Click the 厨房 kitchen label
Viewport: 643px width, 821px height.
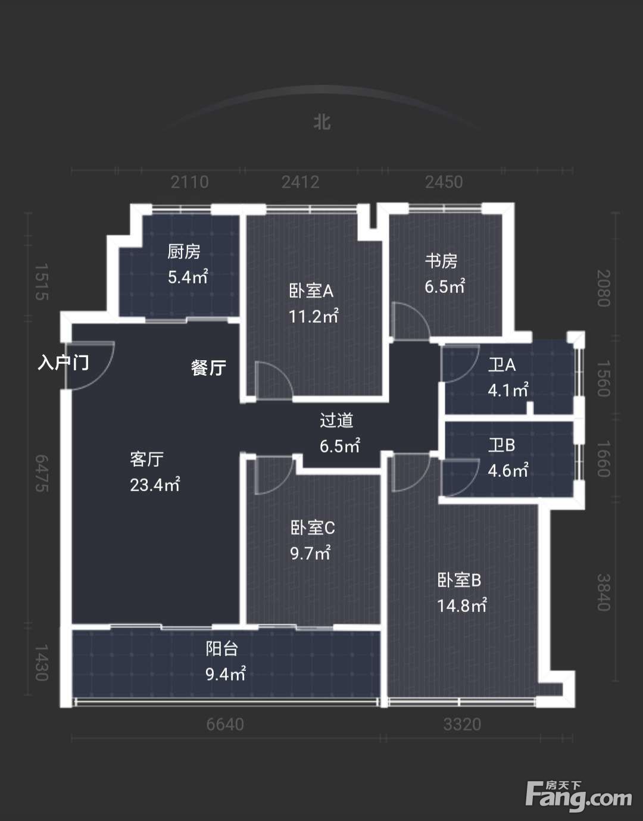pyautogui.click(x=183, y=252)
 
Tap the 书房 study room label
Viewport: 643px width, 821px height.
pyautogui.click(x=441, y=261)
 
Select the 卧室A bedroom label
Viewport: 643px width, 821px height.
pyautogui.click(x=311, y=291)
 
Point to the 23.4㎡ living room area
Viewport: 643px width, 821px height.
pyautogui.click(x=155, y=485)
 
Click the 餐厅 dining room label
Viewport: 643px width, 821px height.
pyautogui.click(x=208, y=367)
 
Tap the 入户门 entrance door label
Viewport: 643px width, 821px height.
pyautogui.click(x=64, y=363)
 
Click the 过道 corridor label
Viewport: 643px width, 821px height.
pyautogui.click(x=336, y=420)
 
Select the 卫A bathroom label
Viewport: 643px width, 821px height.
pyautogui.click(x=502, y=364)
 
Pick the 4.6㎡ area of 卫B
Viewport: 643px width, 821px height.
pyautogui.click(x=508, y=471)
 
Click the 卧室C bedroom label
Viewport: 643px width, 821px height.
pyautogui.click(x=313, y=528)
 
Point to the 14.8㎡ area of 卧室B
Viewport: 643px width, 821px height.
pyautogui.click(x=461, y=605)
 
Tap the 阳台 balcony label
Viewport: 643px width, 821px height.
pyautogui.click(x=221, y=648)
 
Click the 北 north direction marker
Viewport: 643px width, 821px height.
pyautogui.click(x=322, y=123)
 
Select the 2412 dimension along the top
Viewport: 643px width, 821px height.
pyautogui.click(x=301, y=182)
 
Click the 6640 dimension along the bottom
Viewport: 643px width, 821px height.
pyautogui.click(x=225, y=725)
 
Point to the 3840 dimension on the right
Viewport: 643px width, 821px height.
pyautogui.click(x=603, y=592)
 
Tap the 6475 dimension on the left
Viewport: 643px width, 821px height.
pyautogui.click(x=42, y=473)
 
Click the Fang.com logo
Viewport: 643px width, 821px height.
pyautogui.click(x=578, y=795)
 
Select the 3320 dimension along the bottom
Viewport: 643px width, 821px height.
pyautogui.click(x=462, y=725)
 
